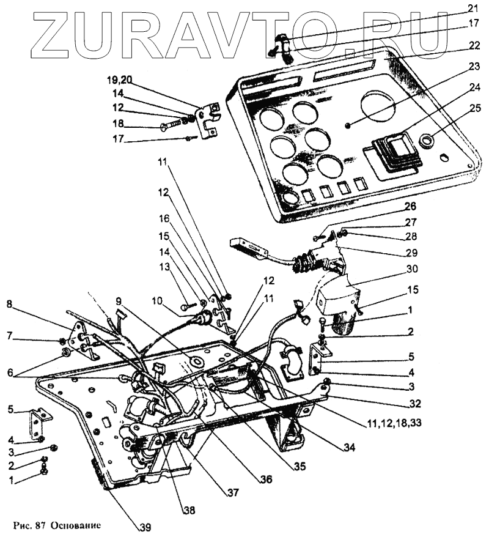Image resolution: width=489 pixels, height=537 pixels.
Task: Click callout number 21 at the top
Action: click(472, 9)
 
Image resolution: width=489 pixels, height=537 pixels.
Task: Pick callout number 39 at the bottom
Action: click(144, 527)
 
